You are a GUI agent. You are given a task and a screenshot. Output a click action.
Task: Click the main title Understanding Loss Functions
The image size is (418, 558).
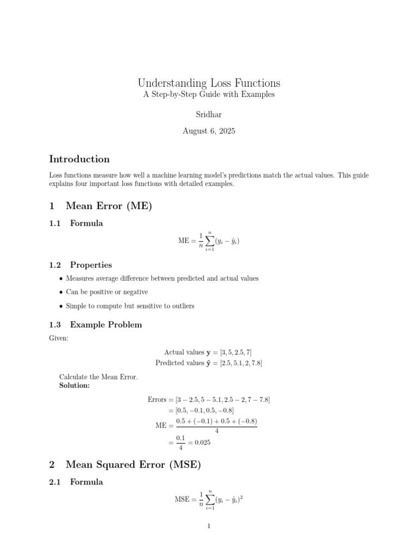pyautogui.click(x=209, y=83)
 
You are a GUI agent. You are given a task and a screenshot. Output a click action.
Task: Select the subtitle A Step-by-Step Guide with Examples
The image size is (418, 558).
pyautogui.click(x=209, y=94)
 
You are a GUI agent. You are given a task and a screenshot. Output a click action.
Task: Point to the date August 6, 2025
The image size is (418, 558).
pyautogui.click(x=209, y=131)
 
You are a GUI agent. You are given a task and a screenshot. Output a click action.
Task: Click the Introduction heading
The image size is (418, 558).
pyautogui.click(x=79, y=159)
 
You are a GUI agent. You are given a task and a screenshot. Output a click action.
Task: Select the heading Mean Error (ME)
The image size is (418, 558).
pyautogui.click(x=108, y=206)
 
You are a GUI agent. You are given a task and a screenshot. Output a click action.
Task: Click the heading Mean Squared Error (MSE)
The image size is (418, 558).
pyautogui.click(x=133, y=465)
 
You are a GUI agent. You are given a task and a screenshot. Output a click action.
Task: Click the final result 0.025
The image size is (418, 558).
pyautogui.click(x=201, y=442)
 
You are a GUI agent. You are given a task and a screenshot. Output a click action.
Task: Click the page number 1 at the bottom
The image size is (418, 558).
pyautogui.click(x=209, y=526)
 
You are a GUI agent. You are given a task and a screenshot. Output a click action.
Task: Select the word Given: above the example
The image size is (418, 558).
pyautogui.click(x=58, y=338)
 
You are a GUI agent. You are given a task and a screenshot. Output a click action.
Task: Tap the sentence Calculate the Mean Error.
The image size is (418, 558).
pyautogui.click(x=99, y=377)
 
